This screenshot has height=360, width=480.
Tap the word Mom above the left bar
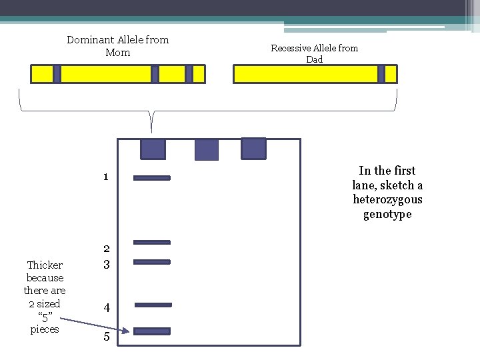click(117, 52)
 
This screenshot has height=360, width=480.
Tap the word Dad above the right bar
click(314, 59)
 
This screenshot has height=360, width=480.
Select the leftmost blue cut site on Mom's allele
click(57, 74)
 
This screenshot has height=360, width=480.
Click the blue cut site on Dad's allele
click(381, 74)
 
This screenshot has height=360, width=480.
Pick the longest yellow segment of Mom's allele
click(106, 74)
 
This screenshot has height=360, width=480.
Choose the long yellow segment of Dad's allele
click(305, 74)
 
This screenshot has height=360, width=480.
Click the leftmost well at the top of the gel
click(153, 149)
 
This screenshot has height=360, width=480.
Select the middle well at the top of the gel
click(206, 150)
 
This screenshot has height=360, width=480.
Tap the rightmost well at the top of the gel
click(253, 149)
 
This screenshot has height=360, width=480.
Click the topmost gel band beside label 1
click(152, 178)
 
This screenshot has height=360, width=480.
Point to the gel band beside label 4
click(153, 305)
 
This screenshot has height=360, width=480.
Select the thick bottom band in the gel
click(152, 331)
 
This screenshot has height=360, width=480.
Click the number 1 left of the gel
click(106, 177)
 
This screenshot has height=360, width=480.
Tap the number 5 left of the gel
click(106, 337)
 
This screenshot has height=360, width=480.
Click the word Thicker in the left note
click(45, 265)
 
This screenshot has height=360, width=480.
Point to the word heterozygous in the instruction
click(387, 200)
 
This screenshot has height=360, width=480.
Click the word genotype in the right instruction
click(387, 215)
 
